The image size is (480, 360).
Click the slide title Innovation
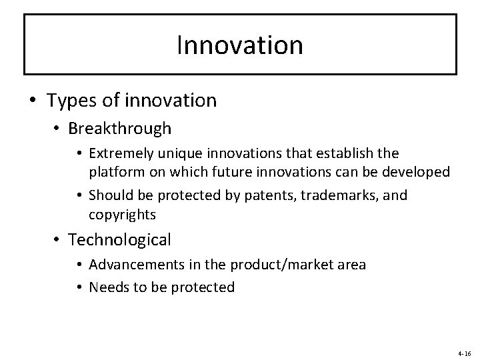pos(240,45)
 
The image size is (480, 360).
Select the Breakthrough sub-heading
pos(119,127)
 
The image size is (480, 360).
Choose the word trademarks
pos(343,196)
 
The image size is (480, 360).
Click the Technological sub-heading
pos(120,239)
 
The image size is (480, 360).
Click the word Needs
pos(107,287)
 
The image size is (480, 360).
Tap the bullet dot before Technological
pos(59,240)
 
